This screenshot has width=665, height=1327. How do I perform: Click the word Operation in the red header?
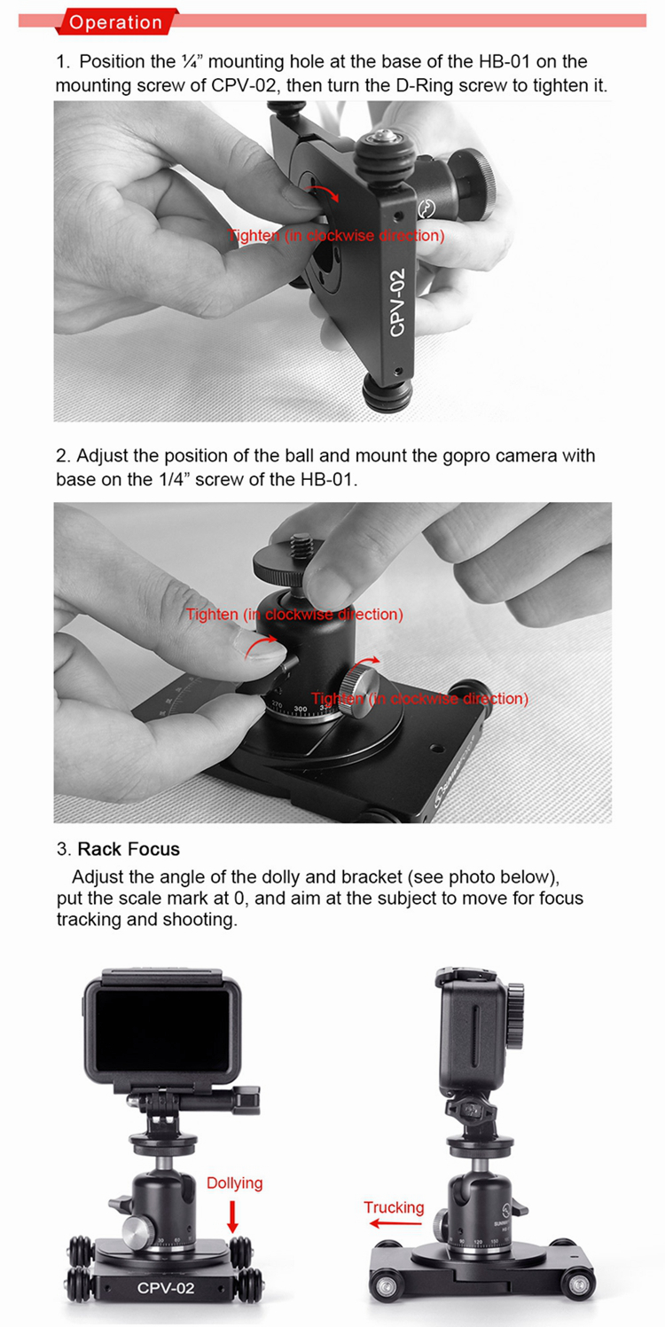(x=115, y=22)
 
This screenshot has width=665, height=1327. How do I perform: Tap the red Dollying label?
(x=234, y=1183)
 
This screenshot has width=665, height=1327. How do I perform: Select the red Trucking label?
(x=394, y=1207)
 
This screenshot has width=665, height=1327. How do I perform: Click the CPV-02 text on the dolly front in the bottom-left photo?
(x=166, y=1287)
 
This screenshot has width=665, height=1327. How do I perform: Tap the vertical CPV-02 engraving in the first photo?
(x=397, y=302)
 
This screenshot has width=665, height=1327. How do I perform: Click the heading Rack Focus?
(x=129, y=849)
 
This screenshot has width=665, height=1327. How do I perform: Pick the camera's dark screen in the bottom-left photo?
(x=163, y=1029)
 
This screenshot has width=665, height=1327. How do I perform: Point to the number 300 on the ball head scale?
(x=301, y=709)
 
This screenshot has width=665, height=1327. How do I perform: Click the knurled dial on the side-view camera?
(x=515, y=1015)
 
